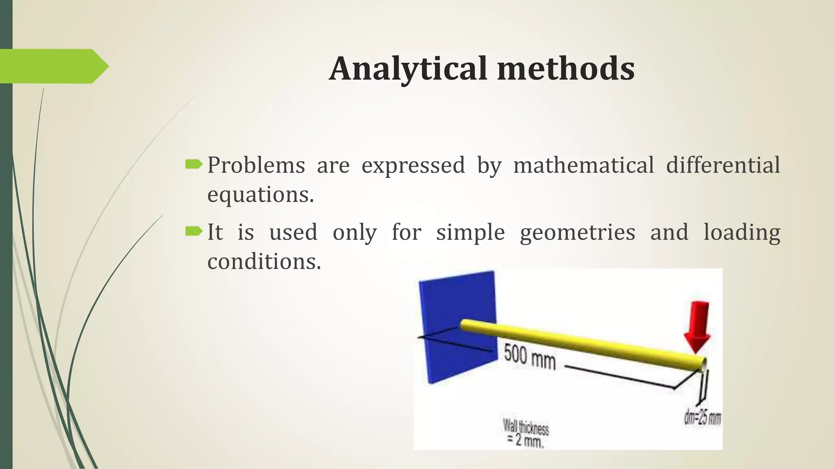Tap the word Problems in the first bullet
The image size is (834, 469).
pyautogui.click(x=256, y=165)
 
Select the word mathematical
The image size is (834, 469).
pyautogui.click(x=583, y=165)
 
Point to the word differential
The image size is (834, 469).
pyautogui.click(x=723, y=165)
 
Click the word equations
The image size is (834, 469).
pyautogui.click(x=261, y=195)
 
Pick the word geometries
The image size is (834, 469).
pyautogui.click(x=577, y=232)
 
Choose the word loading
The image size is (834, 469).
pyautogui.click(x=742, y=232)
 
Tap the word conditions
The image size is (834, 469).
pyautogui.click(x=264, y=261)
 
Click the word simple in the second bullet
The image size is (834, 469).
pyautogui.click(x=470, y=232)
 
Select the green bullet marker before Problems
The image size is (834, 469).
pyautogui.click(x=193, y=164)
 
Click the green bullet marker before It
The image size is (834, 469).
pyautogui.click(x=193, y=231)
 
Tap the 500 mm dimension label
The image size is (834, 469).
pyautogui.click(x=529, y=357)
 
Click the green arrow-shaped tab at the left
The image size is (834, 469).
pyautogui.click(x=53, y=66)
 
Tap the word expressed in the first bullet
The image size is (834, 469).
pyautogui.click(x=413, y=165)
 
